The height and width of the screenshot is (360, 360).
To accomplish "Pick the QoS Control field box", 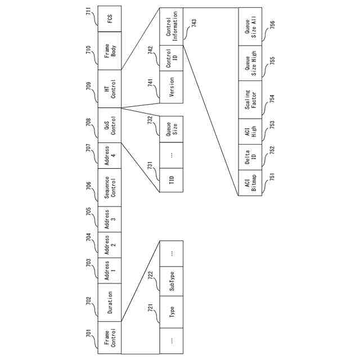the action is [x=109, y=124].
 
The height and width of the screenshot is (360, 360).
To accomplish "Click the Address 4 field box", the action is [x=109, y=155].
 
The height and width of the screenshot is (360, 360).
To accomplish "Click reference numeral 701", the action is [x=88, y=335].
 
